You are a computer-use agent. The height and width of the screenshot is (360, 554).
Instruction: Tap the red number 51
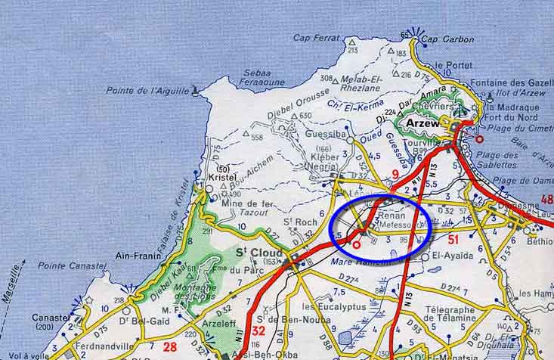pos(454,240)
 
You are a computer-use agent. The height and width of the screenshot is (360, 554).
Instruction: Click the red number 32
pos(258,331)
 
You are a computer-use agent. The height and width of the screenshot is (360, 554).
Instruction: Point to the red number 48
pos(546,200)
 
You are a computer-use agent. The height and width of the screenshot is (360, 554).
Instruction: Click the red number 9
pos(394,175)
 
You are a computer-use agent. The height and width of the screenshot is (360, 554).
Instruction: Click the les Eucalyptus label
pos(333,306)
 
